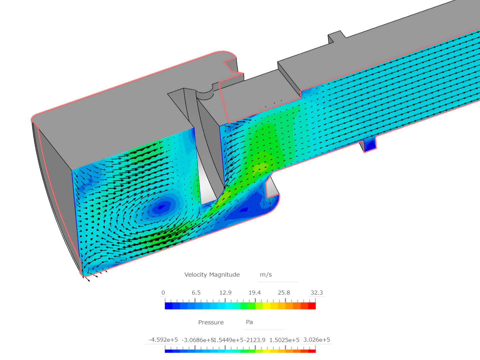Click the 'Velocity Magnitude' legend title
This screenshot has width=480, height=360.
coord(212,275)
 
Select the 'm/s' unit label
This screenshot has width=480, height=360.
coord(266,275)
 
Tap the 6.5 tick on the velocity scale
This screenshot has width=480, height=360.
coord(196,293)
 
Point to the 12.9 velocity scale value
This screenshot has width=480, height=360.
coord(225,293)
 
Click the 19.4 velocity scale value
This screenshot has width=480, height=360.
coord(255,293)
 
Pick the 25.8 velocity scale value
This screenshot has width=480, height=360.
coord(284,293)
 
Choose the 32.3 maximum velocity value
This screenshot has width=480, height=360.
coord(317,293)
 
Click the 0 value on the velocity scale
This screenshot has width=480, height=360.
coord(163,293)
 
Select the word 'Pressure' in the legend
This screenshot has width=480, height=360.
coord(211,322)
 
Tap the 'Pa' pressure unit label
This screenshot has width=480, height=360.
coord(249,322)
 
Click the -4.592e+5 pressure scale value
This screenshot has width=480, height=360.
coord(163,340)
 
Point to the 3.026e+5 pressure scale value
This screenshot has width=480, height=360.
coord(317,340)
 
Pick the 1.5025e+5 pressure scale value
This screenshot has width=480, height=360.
coord(284,340)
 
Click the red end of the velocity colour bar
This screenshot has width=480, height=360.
coord(312,306)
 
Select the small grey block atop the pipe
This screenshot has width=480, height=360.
coord(336,38)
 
